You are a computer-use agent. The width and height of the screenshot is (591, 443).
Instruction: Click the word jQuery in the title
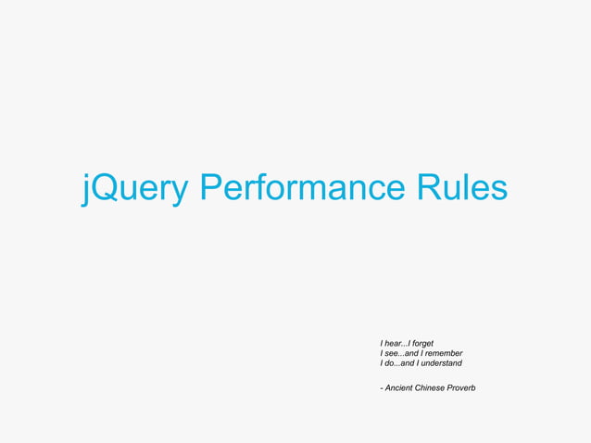136,188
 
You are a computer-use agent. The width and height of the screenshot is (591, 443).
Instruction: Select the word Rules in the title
461,188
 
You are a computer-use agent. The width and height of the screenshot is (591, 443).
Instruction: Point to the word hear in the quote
395,344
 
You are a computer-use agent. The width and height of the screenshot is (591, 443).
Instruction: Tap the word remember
443,353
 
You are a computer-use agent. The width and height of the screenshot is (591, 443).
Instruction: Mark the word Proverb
461,386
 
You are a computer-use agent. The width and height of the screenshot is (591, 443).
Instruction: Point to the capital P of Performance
209,188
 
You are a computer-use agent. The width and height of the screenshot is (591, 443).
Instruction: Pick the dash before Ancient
382,386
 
